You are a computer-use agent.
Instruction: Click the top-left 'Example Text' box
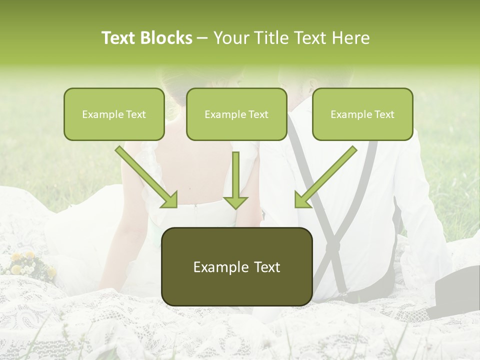(114, 114)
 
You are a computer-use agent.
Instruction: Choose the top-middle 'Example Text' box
(236, 114)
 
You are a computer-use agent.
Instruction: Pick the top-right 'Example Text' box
(362, 114)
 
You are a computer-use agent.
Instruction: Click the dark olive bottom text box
(237, 266)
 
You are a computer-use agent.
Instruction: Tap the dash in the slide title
(202, 38)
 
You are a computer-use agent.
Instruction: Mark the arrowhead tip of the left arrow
(175, 206)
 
